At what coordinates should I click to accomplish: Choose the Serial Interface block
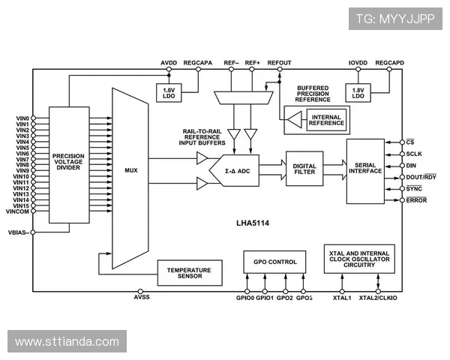[365, 171]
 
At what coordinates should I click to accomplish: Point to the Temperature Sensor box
[189, 273]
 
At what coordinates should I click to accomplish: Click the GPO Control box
[274, 262]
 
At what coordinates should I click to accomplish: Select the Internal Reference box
[325, 120]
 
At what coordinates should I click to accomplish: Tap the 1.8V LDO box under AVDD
[167, 93]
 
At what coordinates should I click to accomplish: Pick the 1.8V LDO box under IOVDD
[358, 93]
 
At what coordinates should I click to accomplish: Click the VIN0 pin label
[22, 118]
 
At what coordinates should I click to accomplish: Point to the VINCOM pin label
[17, 212]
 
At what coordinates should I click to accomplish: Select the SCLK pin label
[415, 154]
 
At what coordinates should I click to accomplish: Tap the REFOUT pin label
[279, 62]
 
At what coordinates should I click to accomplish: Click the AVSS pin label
[141, 298]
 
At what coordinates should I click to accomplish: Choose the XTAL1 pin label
[342, 298]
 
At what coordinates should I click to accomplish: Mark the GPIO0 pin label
[245, 298]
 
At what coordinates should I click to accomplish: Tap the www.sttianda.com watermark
[67, 342]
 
